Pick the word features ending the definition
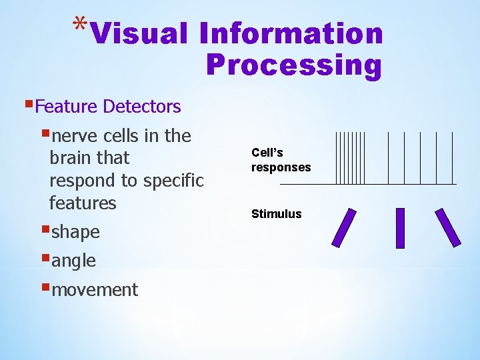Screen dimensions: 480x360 click(83, 203)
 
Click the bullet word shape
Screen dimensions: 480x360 click(75, 232)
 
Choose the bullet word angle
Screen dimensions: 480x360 click(73, 261)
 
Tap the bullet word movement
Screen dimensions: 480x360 click(94, 290)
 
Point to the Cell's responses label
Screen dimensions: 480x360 click(281, 160)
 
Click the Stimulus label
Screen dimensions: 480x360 click(276, 214)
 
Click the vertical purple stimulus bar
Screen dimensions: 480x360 click(400, 228)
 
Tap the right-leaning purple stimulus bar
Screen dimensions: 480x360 click(447, 228)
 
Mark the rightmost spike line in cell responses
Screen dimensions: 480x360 click(452, 157)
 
